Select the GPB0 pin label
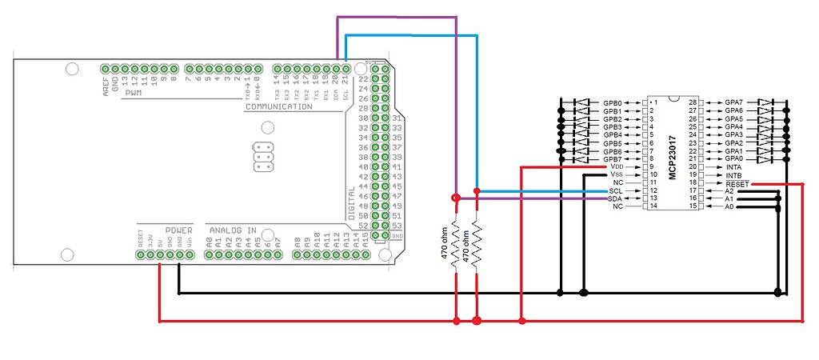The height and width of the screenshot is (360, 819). pyautogui.click(x=613, y=103)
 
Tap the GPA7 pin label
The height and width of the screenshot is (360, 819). pyautogui.click(x=733, y=103)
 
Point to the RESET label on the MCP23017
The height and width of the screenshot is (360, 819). pyautogui.click(x=737, y=183)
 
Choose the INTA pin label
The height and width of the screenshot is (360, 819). pyautogui.click(x=733, y=166)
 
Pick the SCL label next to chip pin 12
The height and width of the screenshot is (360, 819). pyautogui.click(x=615, y=191)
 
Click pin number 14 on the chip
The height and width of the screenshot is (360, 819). pyautogui.click(x=653, y=206)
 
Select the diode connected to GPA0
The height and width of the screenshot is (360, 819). pyautogui.click(x=767, y=159)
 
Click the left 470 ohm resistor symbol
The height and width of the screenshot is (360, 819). pyautogui.click(x=455, y=244)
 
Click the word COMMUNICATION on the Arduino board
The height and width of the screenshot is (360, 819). pyautogui.click(x=278, y=106)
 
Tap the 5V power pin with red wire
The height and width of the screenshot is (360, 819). pyautogui.click(x=160, y=255)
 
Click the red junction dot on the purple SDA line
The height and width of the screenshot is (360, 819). pyautogui.click(x=455, y=198)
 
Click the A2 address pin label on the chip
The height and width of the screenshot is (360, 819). pyautogui.click(x=729, y=191)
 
